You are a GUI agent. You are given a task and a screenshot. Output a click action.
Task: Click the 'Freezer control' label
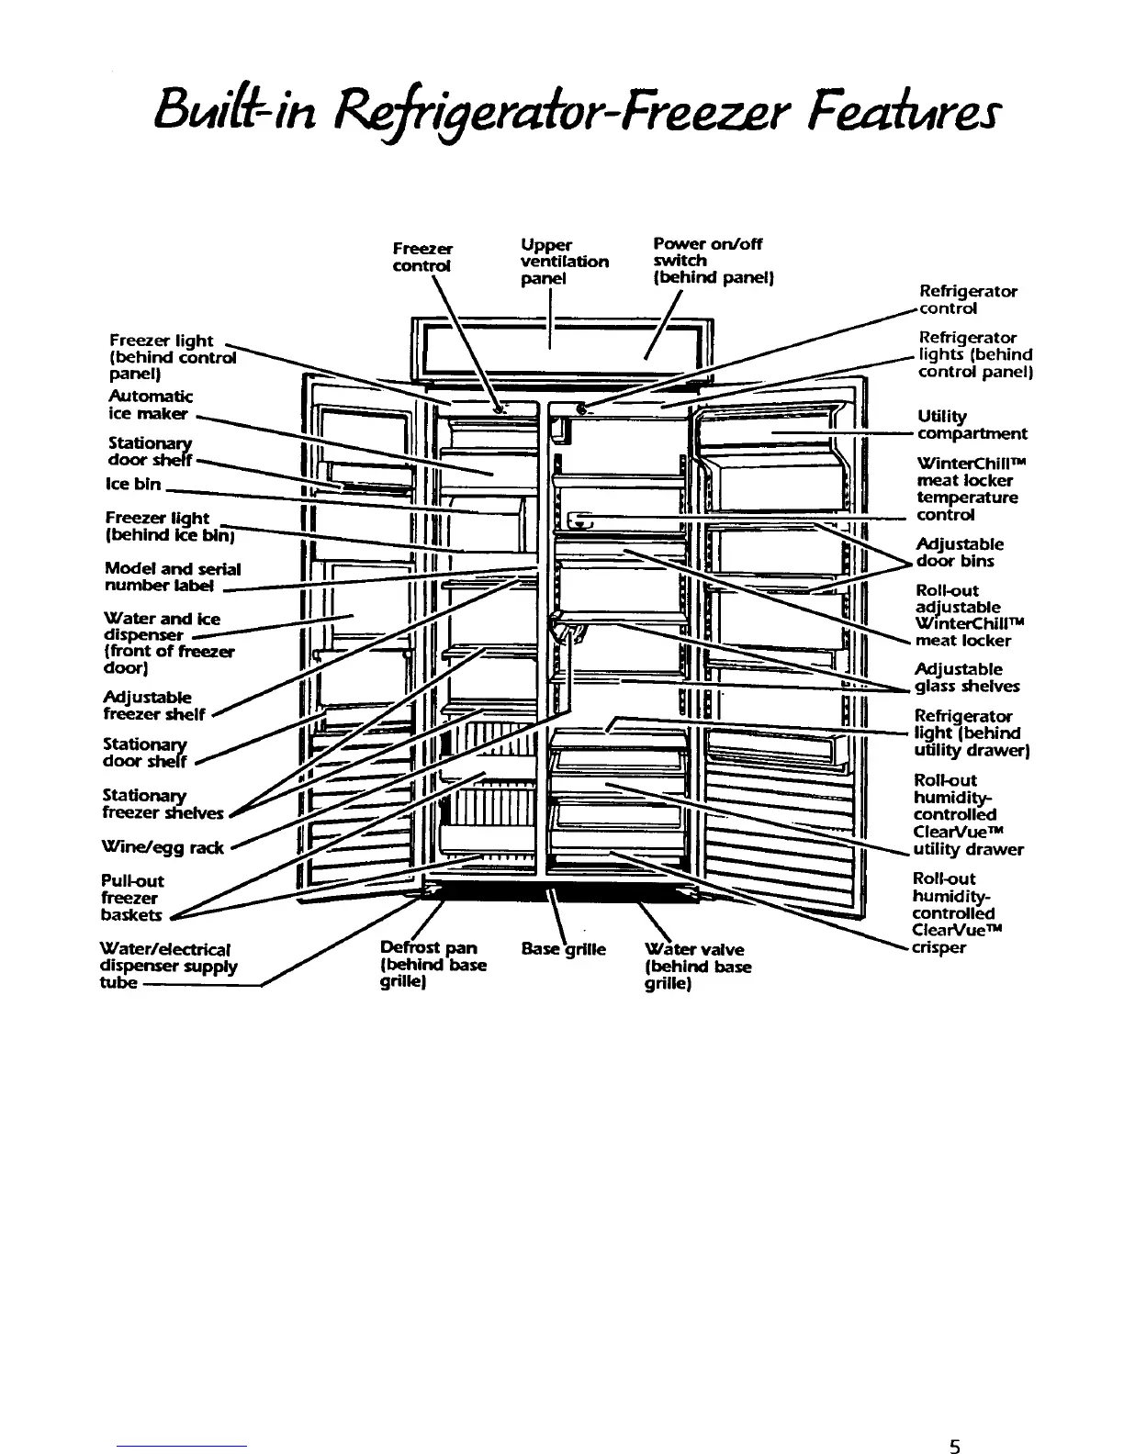pyautogui.click(x=422, y=257)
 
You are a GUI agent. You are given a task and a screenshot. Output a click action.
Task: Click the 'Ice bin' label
pyautogui.click(x=134, y=484)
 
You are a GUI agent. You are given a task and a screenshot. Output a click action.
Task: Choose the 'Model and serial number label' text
pyautogui.click(x=173, y=577)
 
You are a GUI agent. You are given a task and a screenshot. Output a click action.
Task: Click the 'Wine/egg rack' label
pyautogui.click(x=163, y=847)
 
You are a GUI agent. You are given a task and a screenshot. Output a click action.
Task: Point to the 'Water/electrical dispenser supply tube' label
pyautogui.click(x=168, y=966)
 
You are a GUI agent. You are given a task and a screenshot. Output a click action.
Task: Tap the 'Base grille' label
pyautogui.click(x=563, y=949)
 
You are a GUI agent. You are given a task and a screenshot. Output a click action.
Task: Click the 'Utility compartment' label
pyautogui.click(x=971, y=425)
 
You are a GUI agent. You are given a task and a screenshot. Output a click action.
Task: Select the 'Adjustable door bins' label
pyautogui.click(x=959, y=553)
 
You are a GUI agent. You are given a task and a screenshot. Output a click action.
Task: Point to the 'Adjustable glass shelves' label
pyautogui.click(x=966, y=677)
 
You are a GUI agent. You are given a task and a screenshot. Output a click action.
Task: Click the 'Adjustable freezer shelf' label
pyautogui.click(x=154, y=705)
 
